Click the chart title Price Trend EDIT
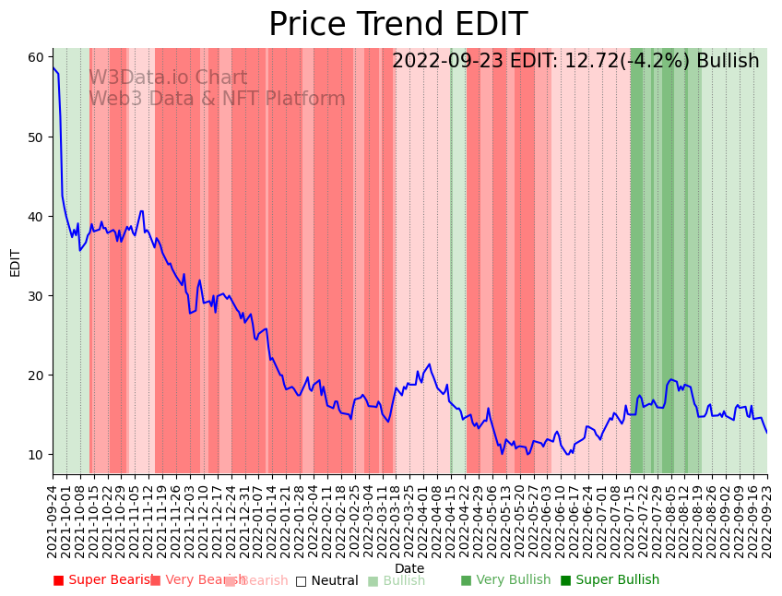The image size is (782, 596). pyautogui.click(x=397, y=25)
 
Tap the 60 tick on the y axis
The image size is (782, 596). pyautogui.click(x=36, y=57)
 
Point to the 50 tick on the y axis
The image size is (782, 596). pyautogui.click(x=36, y=137)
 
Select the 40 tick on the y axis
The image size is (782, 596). pyautogui.click(x=36, y=216)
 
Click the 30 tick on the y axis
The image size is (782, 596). pyautogui.click(x=36, y=295)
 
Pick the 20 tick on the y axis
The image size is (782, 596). pyautogui.click(x=36, y=375)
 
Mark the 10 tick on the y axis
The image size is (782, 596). pyautogui.click(x=36, y=454)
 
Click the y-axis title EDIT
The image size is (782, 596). pyautogui.click(x=15, y=262)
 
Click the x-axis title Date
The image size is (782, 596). pyautogui.click(x=409, y=568)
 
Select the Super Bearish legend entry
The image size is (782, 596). pyautogui.click(x=103, y=580)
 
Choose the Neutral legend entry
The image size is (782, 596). pyautogui.click(x=327, y=580)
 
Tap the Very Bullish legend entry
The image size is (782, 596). pyautogui.click(x=505, y=580)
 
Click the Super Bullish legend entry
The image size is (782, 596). pyautogui.click(x=610, y=580)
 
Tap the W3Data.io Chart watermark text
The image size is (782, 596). pyautogui.click(x=168, y=78)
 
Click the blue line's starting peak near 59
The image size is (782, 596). pyautogui.click(x=53, y=68)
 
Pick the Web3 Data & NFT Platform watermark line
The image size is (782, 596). pyautogui.click(x=217, y=99)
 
